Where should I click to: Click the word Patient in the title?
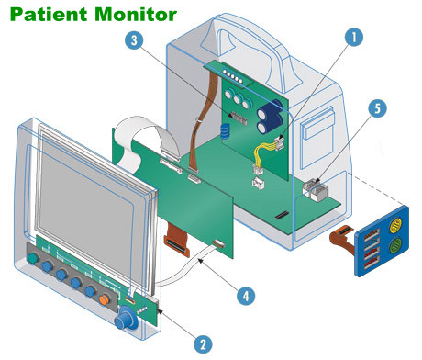pos(49,15)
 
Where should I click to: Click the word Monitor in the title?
pos(136,15)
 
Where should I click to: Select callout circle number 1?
pos(354,38)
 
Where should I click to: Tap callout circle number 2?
pos(203,344)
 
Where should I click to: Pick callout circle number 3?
pos(134,40)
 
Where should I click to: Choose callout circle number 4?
pos(246,296)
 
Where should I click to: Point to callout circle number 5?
pos(377,108)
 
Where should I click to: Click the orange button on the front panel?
pos(104,299)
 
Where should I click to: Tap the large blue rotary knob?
pos(126,319)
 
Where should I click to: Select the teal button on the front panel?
pos(33,259)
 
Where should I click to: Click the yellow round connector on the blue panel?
pos(394,225)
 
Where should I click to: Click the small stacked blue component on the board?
pos(225,130)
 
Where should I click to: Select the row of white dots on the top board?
pos(233,76)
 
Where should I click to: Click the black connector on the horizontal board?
pos(282,215)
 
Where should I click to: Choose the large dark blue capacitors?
pos(270,117)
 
